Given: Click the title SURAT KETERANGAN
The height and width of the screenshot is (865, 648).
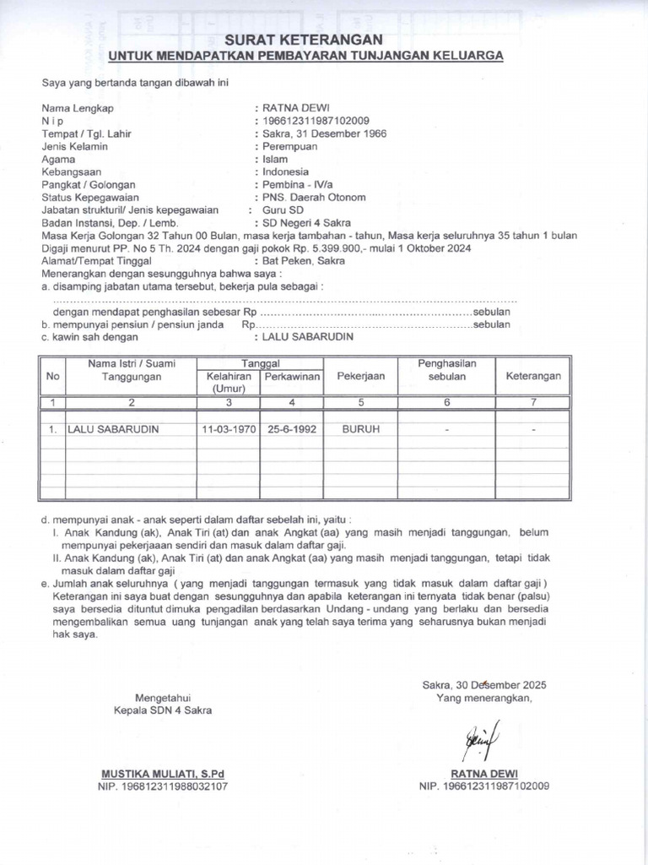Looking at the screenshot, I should point(303,40).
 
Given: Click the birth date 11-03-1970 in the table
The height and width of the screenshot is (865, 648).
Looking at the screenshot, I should point(228,429).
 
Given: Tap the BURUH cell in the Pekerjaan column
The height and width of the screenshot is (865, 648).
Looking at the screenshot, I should point(360,429).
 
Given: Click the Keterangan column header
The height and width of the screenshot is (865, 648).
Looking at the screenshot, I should point(533,376).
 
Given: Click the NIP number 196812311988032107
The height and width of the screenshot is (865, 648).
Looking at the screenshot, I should point(163,786).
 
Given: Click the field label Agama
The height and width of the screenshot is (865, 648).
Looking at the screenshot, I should point(59,159).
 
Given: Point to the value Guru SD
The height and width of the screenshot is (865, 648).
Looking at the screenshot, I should point(283,209).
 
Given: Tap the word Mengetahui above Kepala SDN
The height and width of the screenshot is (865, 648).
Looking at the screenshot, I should point(163,697).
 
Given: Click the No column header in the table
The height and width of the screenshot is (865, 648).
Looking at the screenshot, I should point(53,376).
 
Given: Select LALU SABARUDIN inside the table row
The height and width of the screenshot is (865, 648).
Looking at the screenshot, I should point(113,429).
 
